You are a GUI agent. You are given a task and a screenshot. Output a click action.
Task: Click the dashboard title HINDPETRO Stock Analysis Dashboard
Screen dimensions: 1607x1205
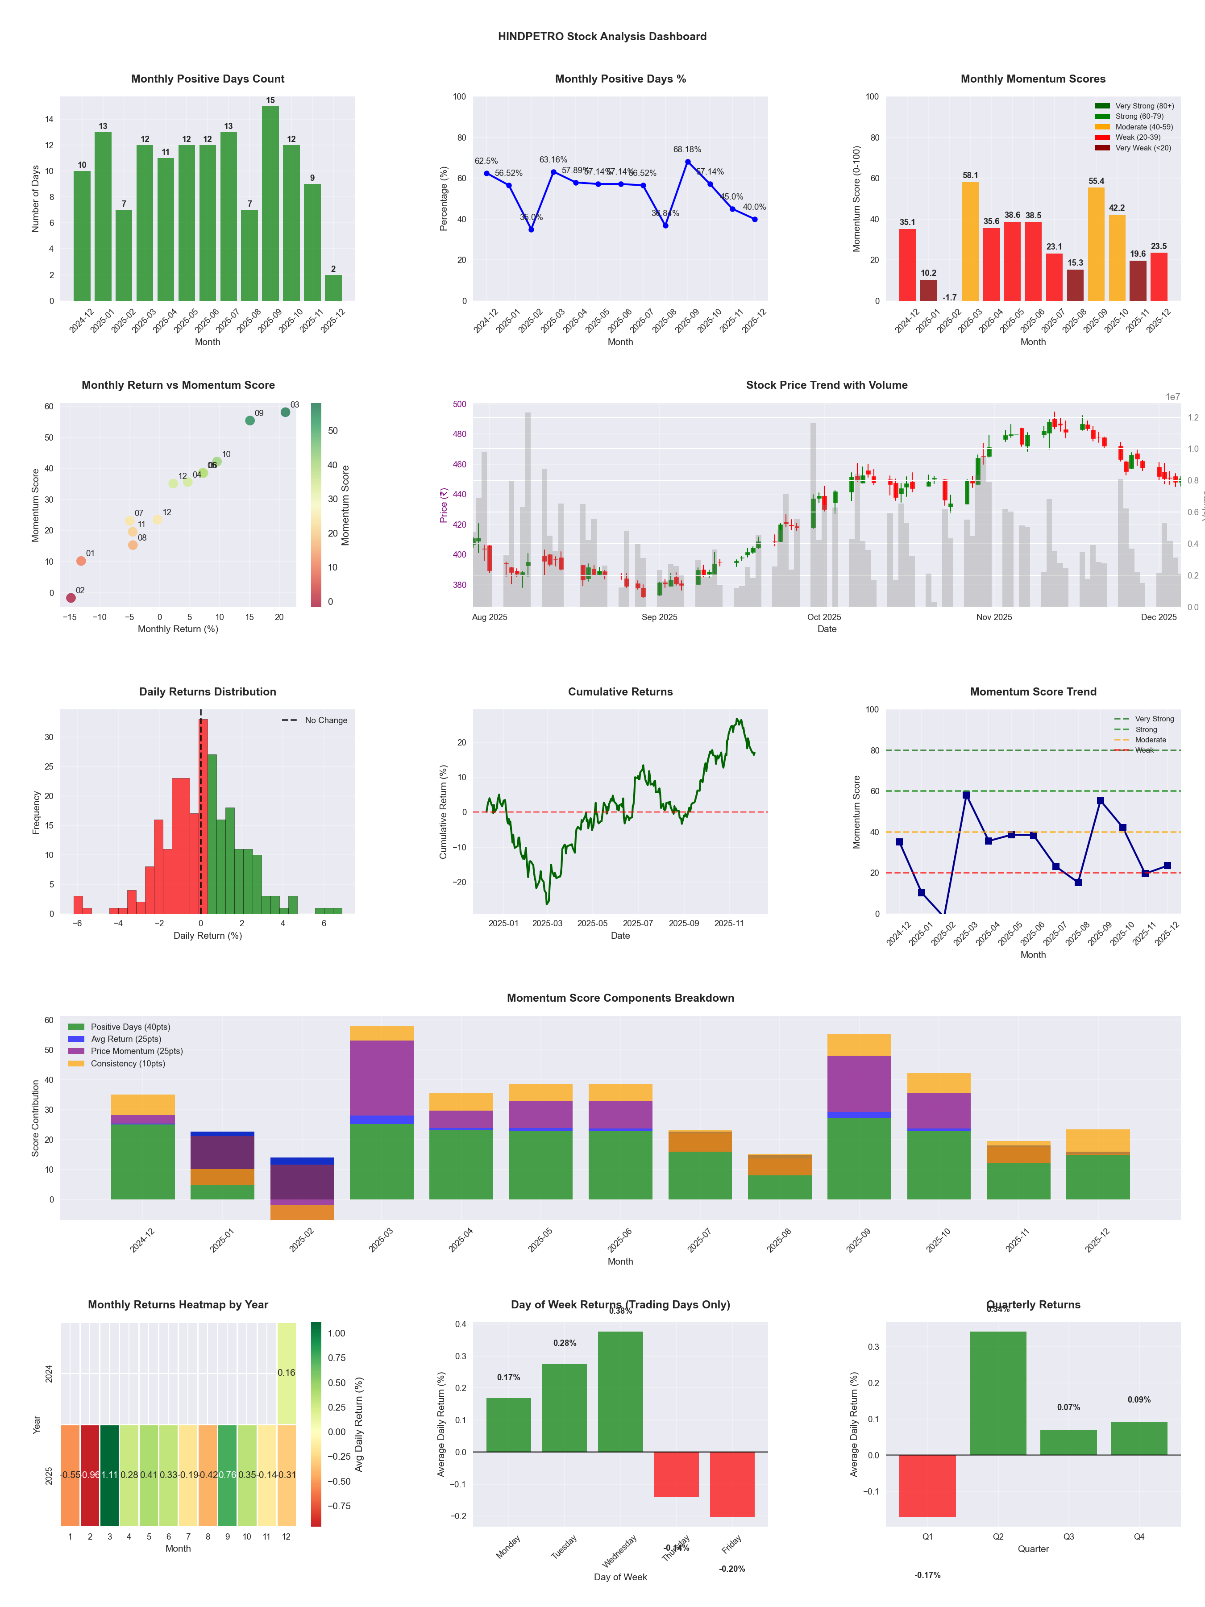[602, 36]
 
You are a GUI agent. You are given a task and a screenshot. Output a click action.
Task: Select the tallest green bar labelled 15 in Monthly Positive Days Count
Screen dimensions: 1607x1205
[270, 204]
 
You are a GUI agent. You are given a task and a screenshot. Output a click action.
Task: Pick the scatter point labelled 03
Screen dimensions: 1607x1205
[286, 412]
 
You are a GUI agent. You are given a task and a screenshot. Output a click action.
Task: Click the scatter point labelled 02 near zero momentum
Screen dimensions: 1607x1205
[71, 598]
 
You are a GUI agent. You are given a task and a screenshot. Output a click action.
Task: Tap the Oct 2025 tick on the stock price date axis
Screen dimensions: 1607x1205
[824, 617]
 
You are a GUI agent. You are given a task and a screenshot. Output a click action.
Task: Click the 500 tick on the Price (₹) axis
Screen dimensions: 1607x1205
[459, 404]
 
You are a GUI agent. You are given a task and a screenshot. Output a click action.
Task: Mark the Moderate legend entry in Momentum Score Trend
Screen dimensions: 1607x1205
[1150, 740]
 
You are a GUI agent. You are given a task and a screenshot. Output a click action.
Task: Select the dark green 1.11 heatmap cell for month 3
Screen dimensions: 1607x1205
[110, 1475]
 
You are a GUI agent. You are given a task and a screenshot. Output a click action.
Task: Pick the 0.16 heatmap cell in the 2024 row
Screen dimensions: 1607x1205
[286, 1372]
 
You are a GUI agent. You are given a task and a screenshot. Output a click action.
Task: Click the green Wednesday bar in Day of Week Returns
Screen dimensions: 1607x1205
[620, 1391]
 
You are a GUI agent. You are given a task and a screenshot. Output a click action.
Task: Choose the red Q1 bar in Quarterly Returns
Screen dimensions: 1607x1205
[927, 1486]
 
